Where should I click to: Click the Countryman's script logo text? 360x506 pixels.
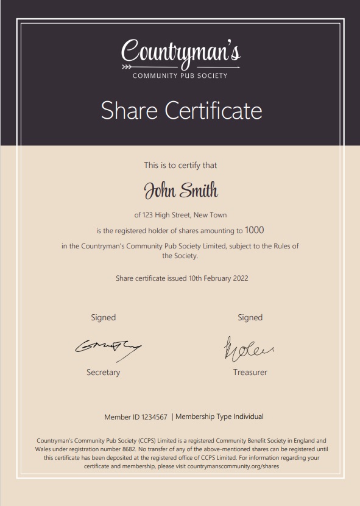click(x=181, y=51)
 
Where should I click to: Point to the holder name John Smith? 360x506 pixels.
click(x=180, y=191)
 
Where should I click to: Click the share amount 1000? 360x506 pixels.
click(x=255, y=230)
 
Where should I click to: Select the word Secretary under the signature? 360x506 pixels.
click(x=103, y=372)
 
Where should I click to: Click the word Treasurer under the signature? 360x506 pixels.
click(x=250, y=372)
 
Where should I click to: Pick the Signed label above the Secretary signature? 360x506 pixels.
click(x=103, y=317)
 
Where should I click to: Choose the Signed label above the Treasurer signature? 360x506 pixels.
click(x=250, y=317)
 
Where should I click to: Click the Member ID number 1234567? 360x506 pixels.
click(x=155, y=417)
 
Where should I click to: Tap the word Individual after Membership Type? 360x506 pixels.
click(x=249, y=417)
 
